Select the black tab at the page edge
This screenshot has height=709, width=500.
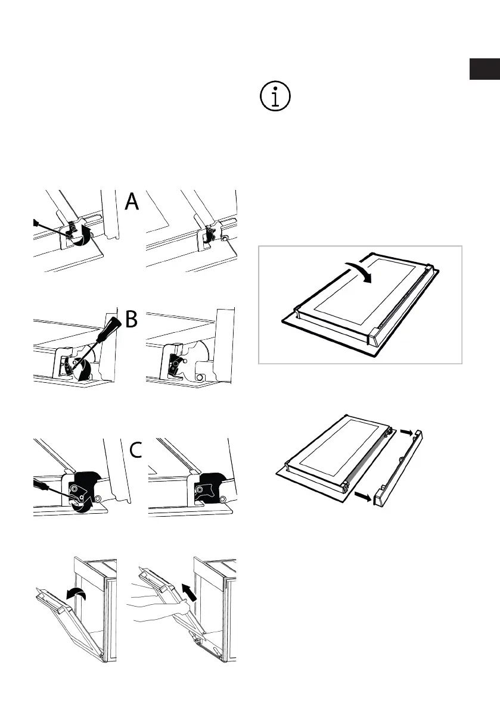484,69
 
